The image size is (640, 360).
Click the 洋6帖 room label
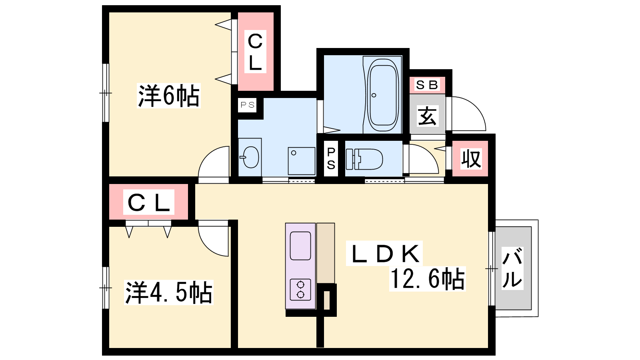pos(168,96)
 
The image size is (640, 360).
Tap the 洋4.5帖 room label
pos(168,292)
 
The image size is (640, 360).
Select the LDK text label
pos(384,254)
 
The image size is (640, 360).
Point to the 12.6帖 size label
pos(428,279)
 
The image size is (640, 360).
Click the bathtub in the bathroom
pos(383,95)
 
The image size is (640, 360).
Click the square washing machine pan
pos(302,161)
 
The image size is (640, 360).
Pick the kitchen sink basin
pos(300,246)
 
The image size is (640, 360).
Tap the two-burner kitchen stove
pos(300,290)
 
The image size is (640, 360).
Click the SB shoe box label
pos(427,85)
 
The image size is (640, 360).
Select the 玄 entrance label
pos(427,116)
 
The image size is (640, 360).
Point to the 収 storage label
pos(471,158)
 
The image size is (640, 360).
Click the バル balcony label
pos(512,268)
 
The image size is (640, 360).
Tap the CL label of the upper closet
pos(255,52)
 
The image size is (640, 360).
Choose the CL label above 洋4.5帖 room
pos(148,202)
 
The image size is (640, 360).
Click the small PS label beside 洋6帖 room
pos(248,105)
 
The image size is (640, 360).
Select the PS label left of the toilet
pos(331,158)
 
